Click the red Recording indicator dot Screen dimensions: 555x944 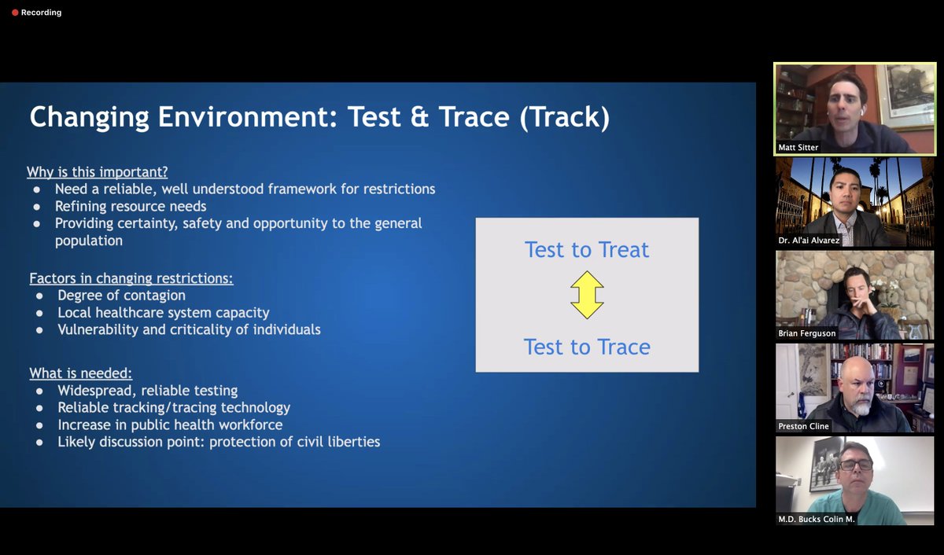[15, 13]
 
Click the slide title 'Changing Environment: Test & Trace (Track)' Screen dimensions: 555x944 [319, 117]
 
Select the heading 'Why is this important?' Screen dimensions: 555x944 [97, 171]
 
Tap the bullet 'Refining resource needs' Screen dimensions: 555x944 [131, 206]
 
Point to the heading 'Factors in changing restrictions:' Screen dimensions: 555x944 [131, 278]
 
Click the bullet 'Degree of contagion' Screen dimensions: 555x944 [121, 296]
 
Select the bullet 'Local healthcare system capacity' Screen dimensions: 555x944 [163, 313]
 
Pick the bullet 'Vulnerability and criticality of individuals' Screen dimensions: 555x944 [189, 330]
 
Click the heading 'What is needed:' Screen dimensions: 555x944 [80, 373]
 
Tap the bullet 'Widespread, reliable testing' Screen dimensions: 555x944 [147, 391]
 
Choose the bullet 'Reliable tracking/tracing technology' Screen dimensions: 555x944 [174, 408]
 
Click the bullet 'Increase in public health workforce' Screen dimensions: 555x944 [168, 425]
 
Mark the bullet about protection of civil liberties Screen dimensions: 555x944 [219, 443]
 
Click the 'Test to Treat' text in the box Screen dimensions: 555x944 [587, 250]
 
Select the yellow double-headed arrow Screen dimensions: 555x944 [587, 295]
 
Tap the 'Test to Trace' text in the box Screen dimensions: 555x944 [587, 347]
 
